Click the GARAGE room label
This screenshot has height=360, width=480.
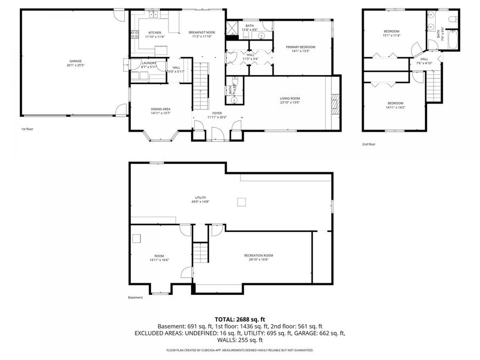(x=75, y=61)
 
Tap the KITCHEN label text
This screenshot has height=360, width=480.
(x=155, y=33)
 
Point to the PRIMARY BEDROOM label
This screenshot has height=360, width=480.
(x=300, y=47)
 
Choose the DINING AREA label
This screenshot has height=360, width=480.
(x=161, y=109)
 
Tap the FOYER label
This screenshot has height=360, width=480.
(x=217, y=113)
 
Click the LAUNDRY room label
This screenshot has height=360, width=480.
(x=149, y=63)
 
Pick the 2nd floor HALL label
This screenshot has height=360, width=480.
(x=424, y=59)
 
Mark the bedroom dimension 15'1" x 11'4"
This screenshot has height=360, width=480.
(x=391, y=36)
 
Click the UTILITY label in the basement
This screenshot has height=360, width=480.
(x=201, y=197)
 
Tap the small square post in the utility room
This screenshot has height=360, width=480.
(x=242, y=201)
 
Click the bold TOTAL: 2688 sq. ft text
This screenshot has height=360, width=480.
(x=240, y=319)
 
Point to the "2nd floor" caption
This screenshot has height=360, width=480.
(x=369, y=144)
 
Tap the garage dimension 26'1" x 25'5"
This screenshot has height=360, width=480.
(x=75, y=65)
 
